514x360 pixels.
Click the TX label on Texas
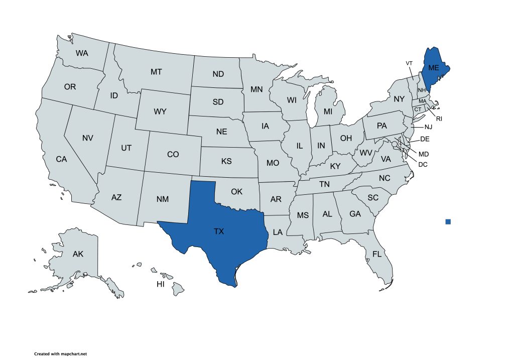point(218,231)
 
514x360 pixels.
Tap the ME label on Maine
point(432,68)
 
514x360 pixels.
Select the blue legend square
point(448,221)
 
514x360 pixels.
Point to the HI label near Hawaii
point(161,285)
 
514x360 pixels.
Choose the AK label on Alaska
point(78,254)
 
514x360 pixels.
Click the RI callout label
point(439,118)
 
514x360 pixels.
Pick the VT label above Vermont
point(409,63)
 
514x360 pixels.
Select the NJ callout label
point(428,127)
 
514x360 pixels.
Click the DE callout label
point(424,139)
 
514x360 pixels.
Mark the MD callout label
point(424,153)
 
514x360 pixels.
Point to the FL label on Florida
point(377,254)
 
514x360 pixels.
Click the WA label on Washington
point(82,53)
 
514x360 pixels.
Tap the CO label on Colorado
point(173,154)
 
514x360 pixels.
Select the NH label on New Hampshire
point(422,90)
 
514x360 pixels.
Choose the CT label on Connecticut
point(417,109)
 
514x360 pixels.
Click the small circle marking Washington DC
point(395,144)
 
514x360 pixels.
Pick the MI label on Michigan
point(328,110)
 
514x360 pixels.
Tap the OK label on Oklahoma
point(236,191)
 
